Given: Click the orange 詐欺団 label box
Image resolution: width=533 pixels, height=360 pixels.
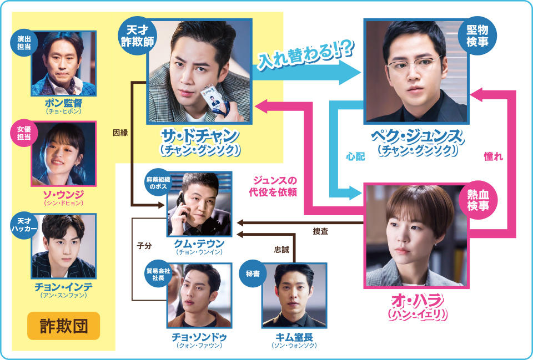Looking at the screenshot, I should click(64, 326).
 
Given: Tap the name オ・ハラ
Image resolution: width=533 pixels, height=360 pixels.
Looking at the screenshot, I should click(416, 301).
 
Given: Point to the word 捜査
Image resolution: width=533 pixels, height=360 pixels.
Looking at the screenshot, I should click(320, 231).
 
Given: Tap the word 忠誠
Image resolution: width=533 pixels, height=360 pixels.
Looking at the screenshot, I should click(281, 250).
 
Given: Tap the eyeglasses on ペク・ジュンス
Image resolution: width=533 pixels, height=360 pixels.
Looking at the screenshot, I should click(414, 66).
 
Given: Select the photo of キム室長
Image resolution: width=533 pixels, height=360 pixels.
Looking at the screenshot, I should click(294, 295).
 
